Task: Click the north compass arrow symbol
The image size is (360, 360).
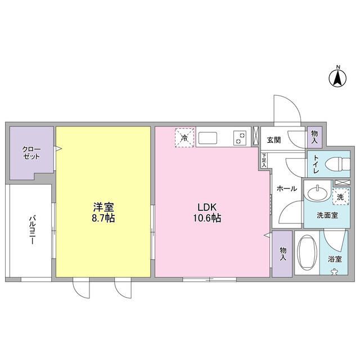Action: pyautogui.click(x=338, y=78)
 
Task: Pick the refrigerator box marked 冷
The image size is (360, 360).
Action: pyautogui.click(x=185, y=137)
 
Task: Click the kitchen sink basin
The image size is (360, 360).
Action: pyautogui.click(x=207, y=138)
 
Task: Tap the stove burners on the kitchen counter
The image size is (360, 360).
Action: pyautogui.click(x=240, y=138)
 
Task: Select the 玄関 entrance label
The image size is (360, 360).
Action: pyautogui.click(x=273, y=141)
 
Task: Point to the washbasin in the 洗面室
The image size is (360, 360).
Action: pyautogui.click(x=318, y=192)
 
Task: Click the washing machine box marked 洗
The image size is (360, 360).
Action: pyautogui.click(x=339, y=197)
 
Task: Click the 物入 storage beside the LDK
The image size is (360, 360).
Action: pyautogui.click(x=282, y=254)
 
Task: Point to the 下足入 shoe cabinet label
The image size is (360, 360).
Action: pyautogui.click(x=264, y=161)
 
